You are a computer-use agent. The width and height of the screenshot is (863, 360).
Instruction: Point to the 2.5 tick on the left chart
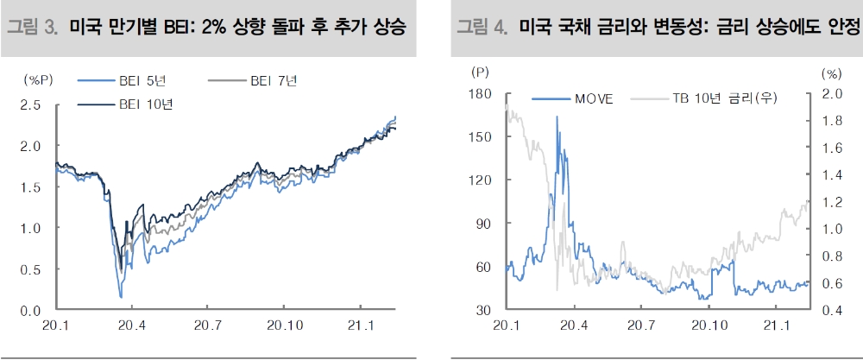(x=30, y=104)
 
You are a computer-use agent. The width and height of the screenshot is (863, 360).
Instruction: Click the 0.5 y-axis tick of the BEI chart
(x=30, y=269)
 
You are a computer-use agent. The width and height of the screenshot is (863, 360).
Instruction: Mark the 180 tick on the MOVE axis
(x=480, y=93)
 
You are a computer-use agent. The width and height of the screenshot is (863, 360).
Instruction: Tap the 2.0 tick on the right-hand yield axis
(x=830, y=93)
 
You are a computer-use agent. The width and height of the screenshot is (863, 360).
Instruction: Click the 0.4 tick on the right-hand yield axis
(x=830, y=310)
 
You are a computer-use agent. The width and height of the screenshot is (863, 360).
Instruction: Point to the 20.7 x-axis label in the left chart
(x=207, y=326)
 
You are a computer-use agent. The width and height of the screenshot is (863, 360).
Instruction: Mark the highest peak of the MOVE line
(x=557, y=117)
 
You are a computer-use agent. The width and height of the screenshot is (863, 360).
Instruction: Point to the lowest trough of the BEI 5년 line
(x=120, y=297)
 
